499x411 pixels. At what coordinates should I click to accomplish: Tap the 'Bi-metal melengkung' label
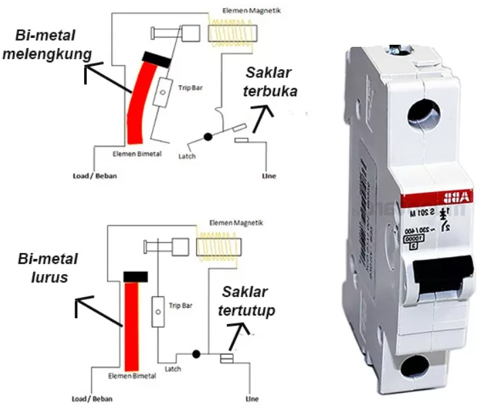(x=48, y=45)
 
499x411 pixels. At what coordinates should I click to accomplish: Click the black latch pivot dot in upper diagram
(x=208, y=136)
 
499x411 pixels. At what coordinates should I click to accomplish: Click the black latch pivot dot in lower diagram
(x=197, y=353)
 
